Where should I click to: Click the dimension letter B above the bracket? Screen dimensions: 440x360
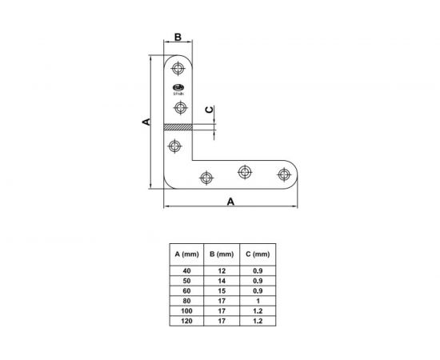178,37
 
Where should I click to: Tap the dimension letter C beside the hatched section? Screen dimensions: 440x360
210,110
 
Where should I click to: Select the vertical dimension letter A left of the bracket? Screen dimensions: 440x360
146,122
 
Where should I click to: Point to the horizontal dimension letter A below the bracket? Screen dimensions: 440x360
230,201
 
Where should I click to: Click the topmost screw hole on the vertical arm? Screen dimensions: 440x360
178,68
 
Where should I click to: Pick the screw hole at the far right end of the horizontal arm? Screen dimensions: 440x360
284,174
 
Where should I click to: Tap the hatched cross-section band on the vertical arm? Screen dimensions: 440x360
178,127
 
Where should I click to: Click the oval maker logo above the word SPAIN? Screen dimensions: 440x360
178,87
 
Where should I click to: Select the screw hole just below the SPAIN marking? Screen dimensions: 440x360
181,107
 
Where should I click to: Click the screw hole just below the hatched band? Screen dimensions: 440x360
175,146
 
